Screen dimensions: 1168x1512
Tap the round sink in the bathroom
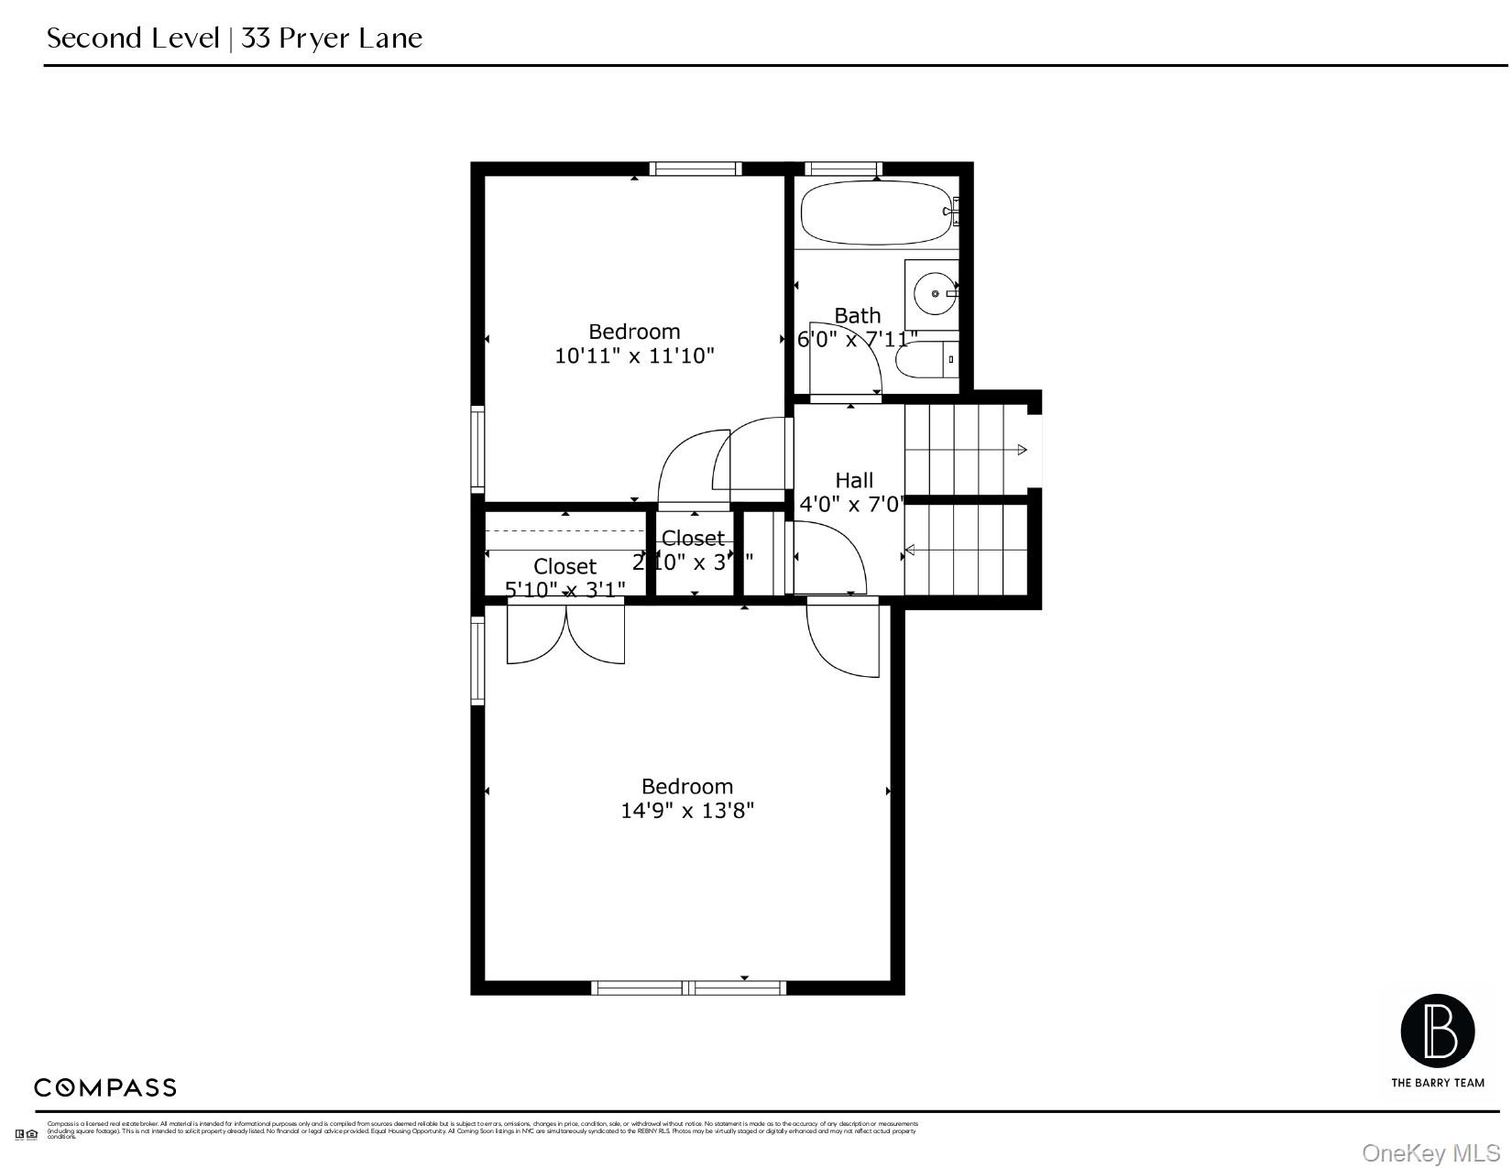coord(936,293)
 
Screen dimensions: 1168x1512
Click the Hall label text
coord(854,480)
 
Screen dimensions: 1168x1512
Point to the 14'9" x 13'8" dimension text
coord(687,811)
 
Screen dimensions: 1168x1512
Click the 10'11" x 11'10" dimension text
coord(634,356)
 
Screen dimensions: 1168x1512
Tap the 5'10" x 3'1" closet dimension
coord(565,589)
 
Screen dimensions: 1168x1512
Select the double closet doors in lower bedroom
coord(566,634)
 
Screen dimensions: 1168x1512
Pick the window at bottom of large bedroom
coord(688,988)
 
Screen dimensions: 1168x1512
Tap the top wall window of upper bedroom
coord(696,169)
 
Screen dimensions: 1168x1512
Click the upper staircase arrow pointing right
coord(1021,450)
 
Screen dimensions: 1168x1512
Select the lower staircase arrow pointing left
coord(910,551)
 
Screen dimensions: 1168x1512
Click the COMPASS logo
coord(105,1088)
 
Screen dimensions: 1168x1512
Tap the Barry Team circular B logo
coord(1437,1032)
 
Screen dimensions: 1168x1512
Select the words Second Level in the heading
coord(133,38)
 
